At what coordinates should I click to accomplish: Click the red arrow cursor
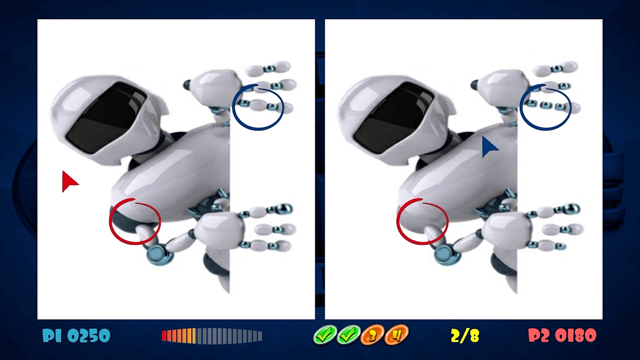point(69,181)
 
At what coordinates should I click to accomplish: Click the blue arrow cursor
point(488,147)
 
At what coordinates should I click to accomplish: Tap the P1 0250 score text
point(76,336)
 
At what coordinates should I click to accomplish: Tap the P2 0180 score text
point(562,336)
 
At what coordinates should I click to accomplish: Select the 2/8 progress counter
point(465,336)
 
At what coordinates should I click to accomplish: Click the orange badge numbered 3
point(372,335)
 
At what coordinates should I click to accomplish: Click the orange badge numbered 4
point(396,335)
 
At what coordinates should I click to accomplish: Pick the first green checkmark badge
point(325,335)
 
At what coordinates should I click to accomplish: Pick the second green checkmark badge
point(349,335)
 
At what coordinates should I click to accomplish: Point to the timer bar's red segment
point(164,336)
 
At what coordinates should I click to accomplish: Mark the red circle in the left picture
point(135,221)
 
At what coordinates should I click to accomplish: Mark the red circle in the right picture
point(422,221)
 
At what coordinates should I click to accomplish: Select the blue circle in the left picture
point(258,107)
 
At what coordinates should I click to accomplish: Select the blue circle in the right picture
point(546,107)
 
